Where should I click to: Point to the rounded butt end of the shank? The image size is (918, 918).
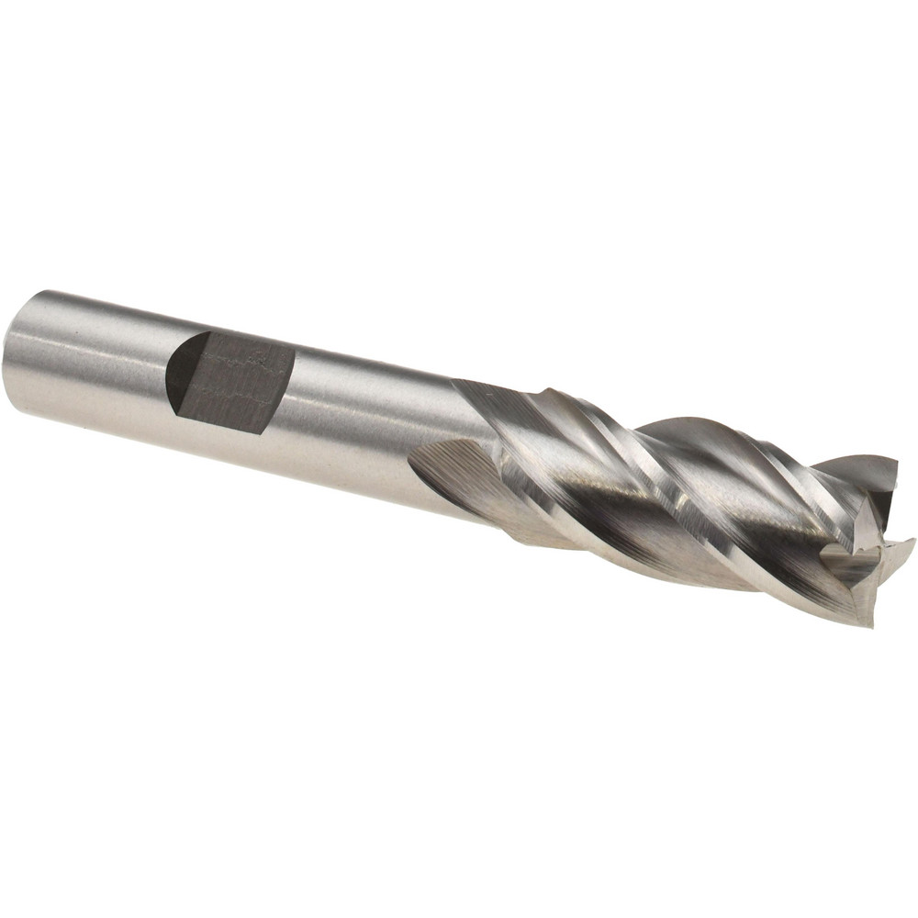[x=20, y=353]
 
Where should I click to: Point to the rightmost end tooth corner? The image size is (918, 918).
[x=909, y=546]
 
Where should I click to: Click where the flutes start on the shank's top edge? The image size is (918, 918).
[x=459, y=384]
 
